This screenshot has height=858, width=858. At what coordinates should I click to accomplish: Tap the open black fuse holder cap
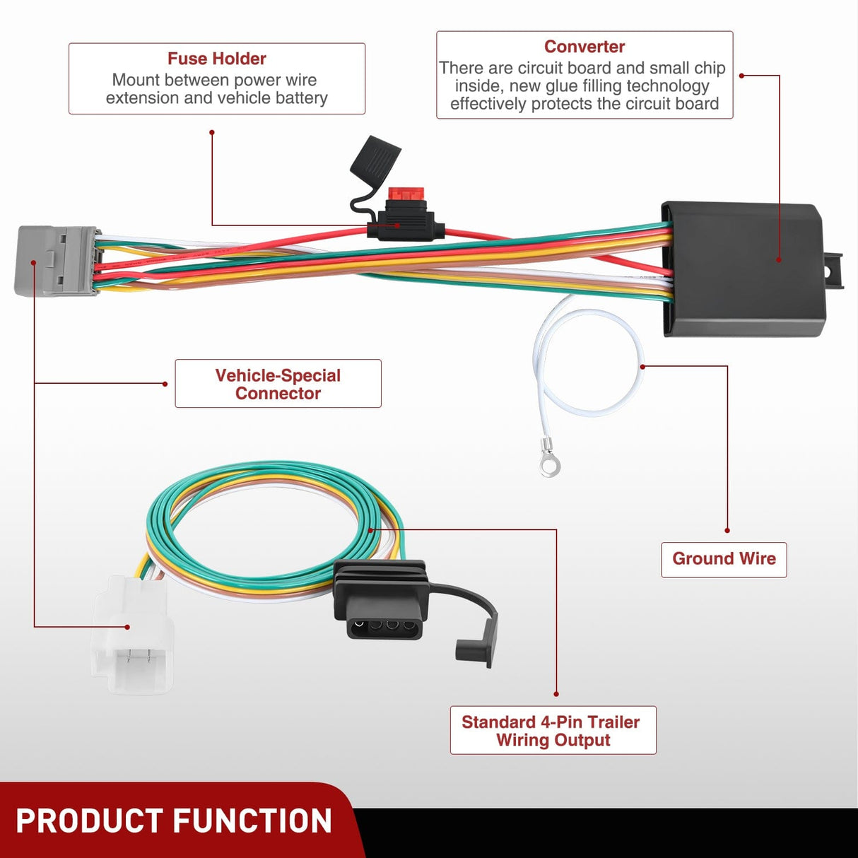(375, 160)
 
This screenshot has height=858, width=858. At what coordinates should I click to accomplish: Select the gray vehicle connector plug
(55, 260)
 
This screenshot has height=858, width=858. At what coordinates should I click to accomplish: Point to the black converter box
(742, 269)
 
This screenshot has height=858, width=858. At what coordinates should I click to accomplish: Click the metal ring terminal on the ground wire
(549, 464)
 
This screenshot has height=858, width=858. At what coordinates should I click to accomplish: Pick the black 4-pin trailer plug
(381, 601)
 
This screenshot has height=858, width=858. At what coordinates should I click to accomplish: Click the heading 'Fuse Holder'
(216, 59)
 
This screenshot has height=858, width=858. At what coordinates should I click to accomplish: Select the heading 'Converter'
(584, 47)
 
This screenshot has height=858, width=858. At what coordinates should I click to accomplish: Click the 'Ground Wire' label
(724, 559)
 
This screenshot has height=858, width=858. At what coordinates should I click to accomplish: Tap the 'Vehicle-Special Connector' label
(278, 384)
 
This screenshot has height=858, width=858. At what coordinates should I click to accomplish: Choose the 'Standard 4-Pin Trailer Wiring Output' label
(553, 731)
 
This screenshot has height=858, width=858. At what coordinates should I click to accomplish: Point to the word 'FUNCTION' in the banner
(252, 821)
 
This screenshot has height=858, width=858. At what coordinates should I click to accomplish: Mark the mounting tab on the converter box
(834, 270)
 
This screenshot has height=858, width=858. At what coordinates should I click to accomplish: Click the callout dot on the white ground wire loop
(642, 367)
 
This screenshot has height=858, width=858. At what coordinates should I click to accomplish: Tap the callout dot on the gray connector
(34, 262)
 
